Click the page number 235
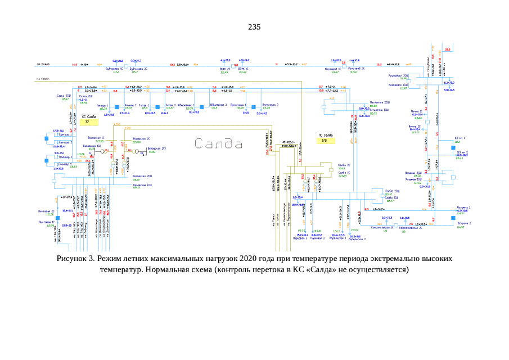[254, 27]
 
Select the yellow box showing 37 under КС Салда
[87, 121]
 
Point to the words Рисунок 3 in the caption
[75, 259]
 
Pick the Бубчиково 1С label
[116, 69]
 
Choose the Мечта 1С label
[416, 111]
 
